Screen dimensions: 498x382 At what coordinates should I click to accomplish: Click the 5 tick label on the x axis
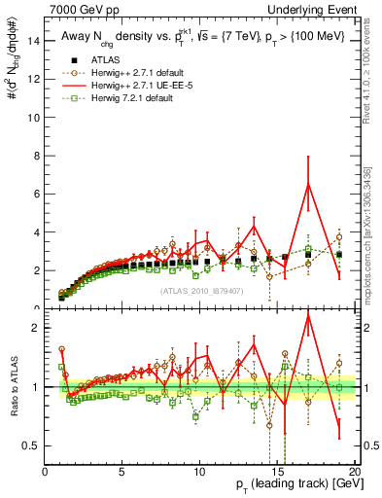point(122,472)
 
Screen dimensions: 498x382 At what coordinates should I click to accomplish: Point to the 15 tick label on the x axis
point(276,472)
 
